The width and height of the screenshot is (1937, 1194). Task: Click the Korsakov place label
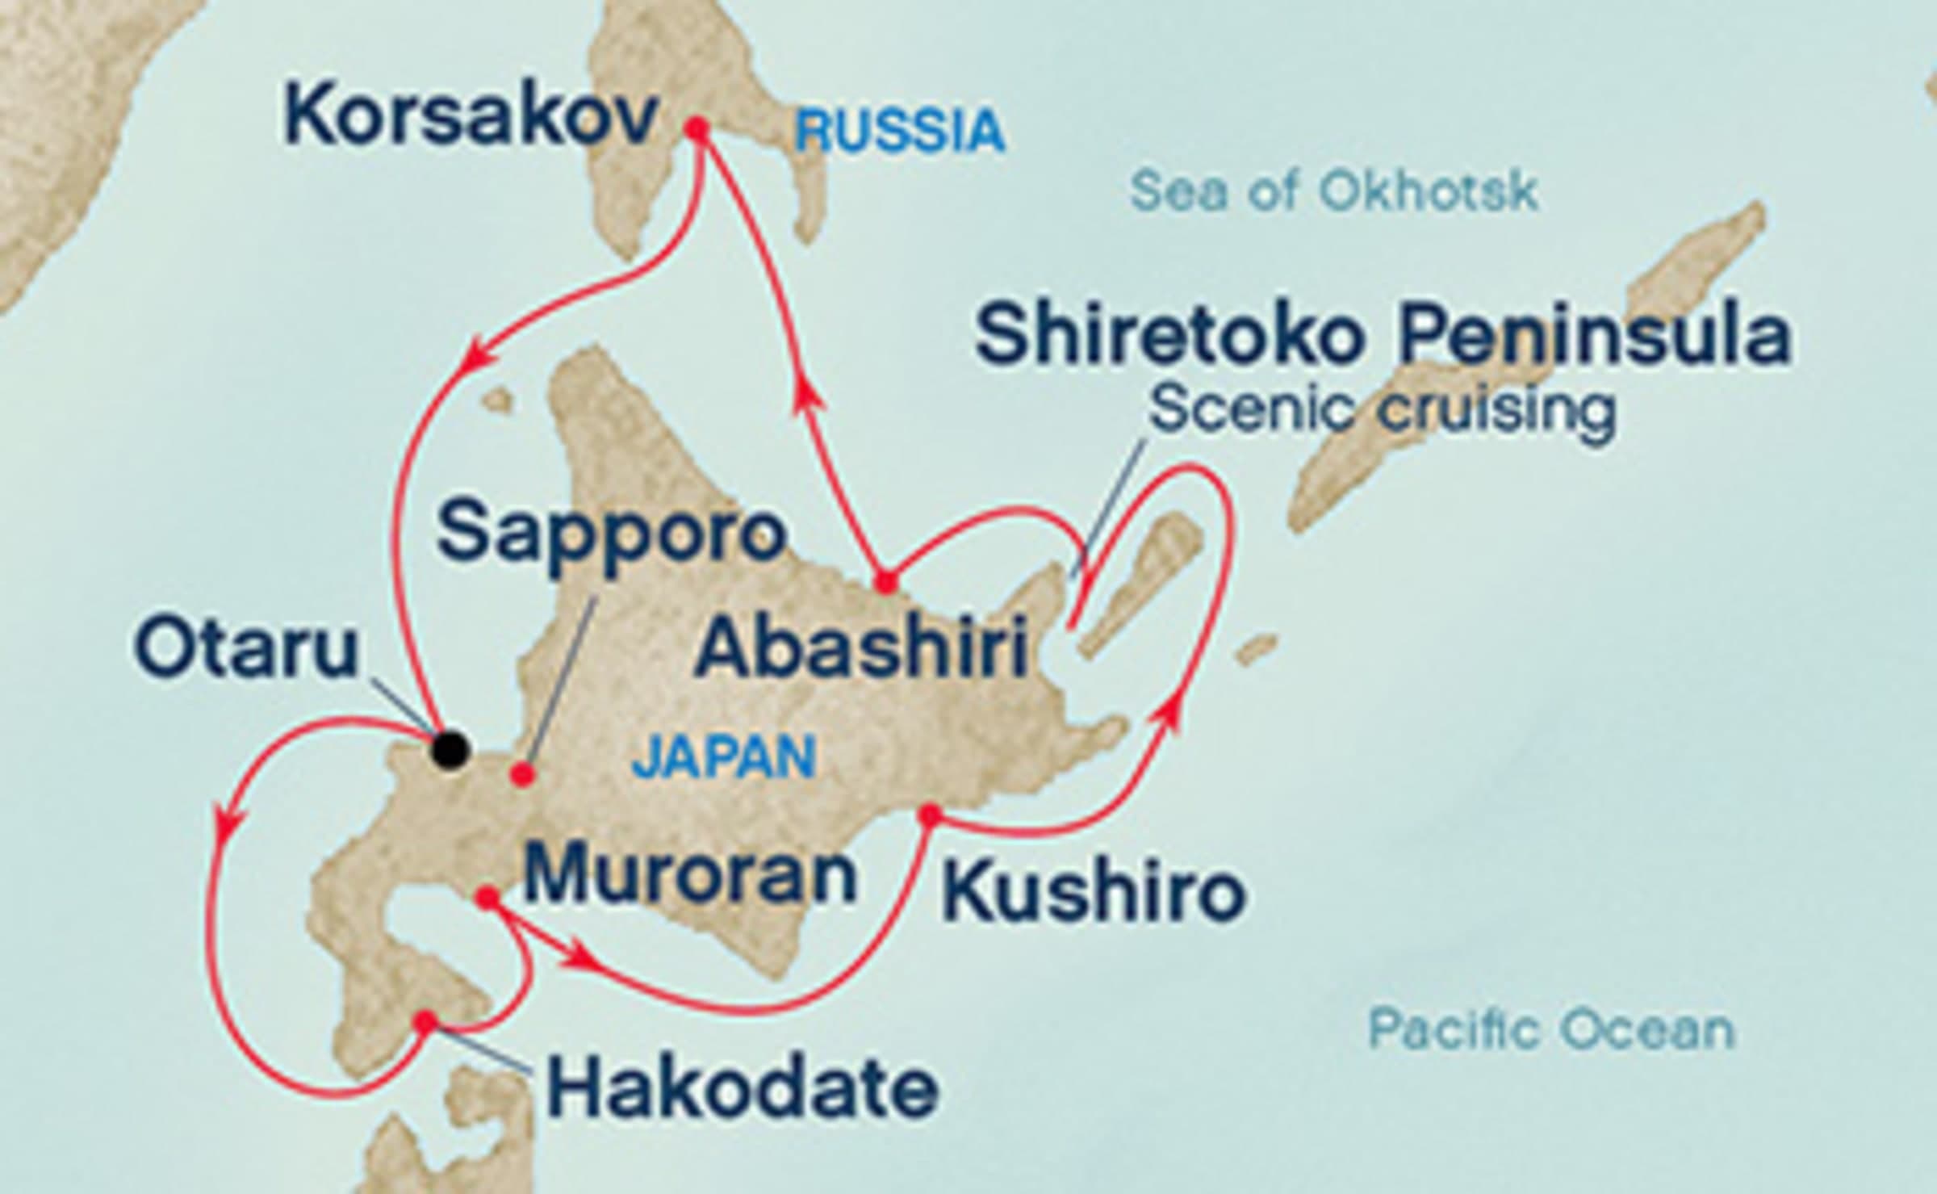(471, 118)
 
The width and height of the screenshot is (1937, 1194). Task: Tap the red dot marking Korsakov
(697, 128)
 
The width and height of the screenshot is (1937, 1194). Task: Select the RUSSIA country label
(900, 132)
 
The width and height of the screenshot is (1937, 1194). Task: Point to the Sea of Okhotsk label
(1334, 192)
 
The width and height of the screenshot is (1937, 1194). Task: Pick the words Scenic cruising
(1383, 410)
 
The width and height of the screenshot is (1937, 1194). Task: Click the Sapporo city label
(612, 533)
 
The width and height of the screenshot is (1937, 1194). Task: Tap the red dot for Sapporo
(523, 775)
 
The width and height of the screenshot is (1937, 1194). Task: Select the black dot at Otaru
(450, 748)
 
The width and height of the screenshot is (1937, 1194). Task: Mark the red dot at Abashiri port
(886, 582)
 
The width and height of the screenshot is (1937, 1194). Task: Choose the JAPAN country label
(723, 757)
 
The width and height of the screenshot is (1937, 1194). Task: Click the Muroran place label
(690, 876)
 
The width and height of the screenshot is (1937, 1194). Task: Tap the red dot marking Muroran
(487, 898)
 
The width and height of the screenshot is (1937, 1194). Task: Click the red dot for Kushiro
(931, 816)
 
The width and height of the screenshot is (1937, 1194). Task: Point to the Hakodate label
(743, 1089)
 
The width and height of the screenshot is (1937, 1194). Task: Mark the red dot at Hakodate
(425, 1022)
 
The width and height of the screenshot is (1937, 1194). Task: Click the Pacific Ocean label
(1551, 1029)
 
